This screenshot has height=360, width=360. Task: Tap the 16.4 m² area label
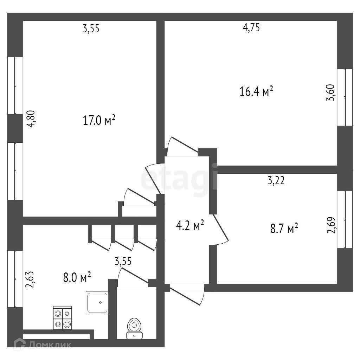tap(256, 92)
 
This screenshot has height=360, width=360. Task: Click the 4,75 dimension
tap(251, 28)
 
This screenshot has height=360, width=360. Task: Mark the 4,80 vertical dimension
tap(31, 120)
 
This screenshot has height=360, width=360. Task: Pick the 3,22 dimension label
tap(276, 181)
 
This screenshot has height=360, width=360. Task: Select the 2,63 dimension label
tap(31, 279)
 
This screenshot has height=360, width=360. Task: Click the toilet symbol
tap(134, 328)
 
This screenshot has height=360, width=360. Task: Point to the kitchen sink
tap(97, 302)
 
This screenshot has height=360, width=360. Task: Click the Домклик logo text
tap(49, 345)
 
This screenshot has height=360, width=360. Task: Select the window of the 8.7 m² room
tap(345, 220)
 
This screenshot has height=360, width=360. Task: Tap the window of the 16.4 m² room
tap(345, 97)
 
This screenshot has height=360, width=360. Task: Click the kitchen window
tap(15, 278)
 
